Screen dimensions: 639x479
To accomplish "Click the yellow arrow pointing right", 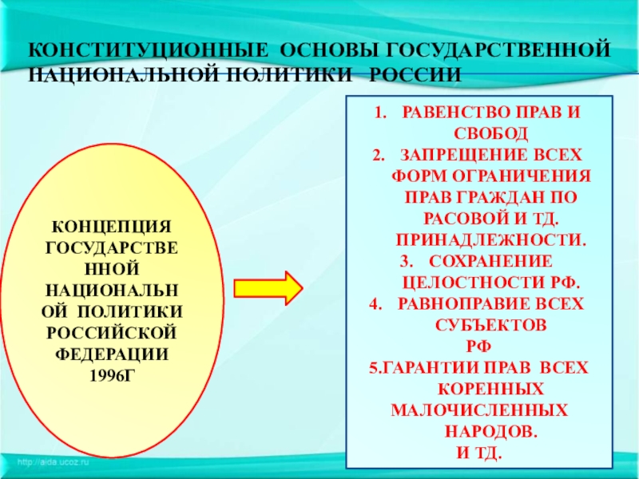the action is [268, 287].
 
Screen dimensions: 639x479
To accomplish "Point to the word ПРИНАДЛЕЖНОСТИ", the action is [491, 239].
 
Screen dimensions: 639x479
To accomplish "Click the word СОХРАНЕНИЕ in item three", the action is [490, 261].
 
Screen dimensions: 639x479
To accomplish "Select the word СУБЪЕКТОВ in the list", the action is [491, 326].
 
